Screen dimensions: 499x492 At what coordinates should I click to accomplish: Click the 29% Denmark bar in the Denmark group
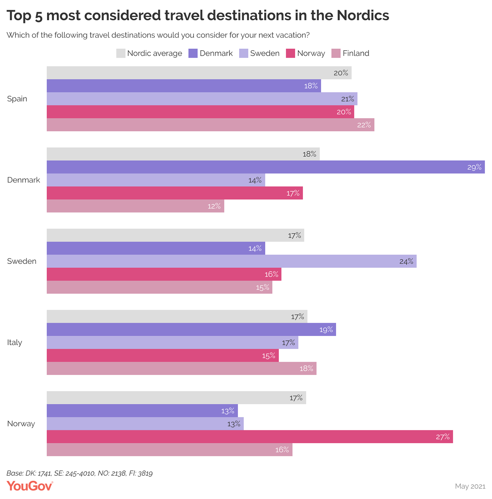(266, 167)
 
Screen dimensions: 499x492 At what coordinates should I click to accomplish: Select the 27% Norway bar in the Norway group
(250, 437)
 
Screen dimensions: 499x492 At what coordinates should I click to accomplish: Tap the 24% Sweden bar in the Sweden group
(232, 261)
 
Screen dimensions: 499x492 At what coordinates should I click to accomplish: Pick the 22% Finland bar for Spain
(210, 125)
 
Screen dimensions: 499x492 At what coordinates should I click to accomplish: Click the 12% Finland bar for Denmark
(135, 206)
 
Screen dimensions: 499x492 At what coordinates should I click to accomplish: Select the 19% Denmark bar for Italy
(191, 329)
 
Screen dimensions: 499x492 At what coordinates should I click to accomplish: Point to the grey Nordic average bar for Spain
(199, 73)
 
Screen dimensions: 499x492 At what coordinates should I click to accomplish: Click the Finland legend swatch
(336, 53)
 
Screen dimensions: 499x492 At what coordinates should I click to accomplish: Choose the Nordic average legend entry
(149, 53)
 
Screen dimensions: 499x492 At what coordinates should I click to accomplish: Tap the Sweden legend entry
(259, 53)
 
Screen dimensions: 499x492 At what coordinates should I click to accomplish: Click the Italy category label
(14, 343)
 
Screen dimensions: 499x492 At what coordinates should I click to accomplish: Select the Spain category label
(17, 99)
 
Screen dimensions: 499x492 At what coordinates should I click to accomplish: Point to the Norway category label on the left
(21, 424)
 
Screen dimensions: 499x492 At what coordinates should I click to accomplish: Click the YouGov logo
(30, 486)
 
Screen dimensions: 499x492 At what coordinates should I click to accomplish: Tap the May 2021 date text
(470, 486)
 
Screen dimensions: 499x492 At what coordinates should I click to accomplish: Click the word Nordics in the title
(363, 15)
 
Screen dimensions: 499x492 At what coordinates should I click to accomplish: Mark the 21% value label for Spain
(347, 99)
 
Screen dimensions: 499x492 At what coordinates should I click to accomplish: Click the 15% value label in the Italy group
(269, 356)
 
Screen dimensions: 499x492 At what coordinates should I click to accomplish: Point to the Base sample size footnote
(79, 473)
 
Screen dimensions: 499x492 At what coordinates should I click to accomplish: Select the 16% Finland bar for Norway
(169, 450)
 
